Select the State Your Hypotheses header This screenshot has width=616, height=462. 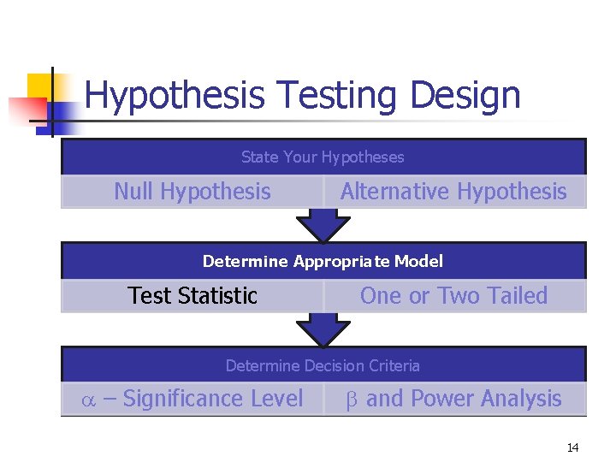[x=323, y=157]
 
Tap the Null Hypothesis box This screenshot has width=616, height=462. [x=192, y=192]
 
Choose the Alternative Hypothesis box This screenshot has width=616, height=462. [x=453, y=192]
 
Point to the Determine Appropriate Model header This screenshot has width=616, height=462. [x=323, y=261]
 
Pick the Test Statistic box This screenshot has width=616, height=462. [x=192, y=296]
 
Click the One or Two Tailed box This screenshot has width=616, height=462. [x=453, y=296]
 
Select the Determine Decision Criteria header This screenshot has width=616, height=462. [x=323, y=365]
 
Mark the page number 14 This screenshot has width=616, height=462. [x=572, y=447]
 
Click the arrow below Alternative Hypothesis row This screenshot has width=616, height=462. [x=323, y=226]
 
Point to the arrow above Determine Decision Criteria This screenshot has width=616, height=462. [x=323, y=329]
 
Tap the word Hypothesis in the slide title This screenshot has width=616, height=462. [x=175, y=96]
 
